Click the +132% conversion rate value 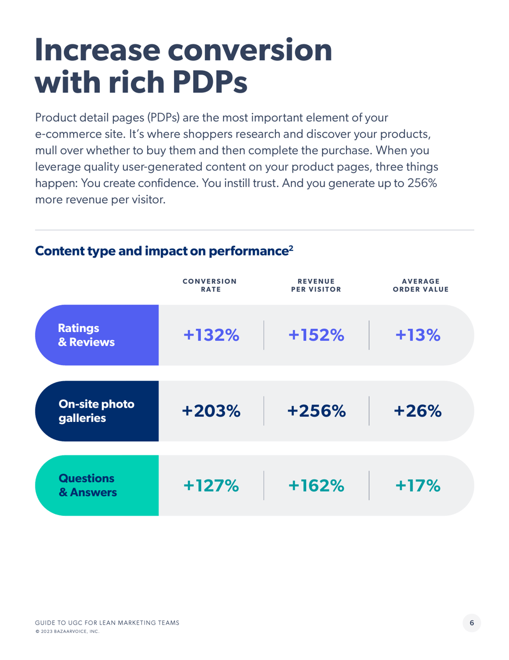pos(211,334)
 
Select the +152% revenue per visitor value pos(316,334)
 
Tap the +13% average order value pos(418,334)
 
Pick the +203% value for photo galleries pos(211,411)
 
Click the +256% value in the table pos(316,411)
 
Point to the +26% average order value pos(418,411)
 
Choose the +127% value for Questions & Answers pos(211,485)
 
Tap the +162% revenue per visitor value pos(316,485)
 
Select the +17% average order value pos(418,485)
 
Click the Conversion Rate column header pos(210,285)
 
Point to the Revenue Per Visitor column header pos(316,285)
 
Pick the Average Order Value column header pos(421,285)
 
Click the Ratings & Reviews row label pos(86,334)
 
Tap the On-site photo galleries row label pos(96,411)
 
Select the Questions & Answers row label pos(87,485)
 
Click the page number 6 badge pos(471,623)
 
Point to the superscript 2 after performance pos(291,248)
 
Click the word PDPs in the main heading pos(210,82)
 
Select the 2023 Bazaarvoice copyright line pos(67,631)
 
